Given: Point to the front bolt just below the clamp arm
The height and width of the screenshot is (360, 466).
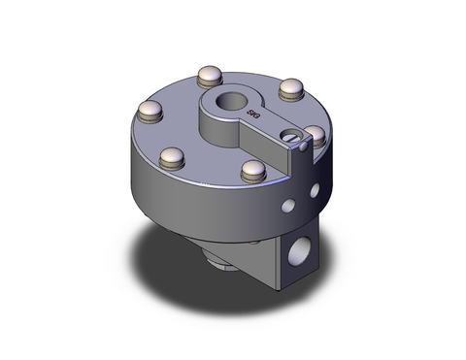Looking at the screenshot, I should tap(252, 172).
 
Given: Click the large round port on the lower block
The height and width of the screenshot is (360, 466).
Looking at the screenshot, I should tap(300, 253).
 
